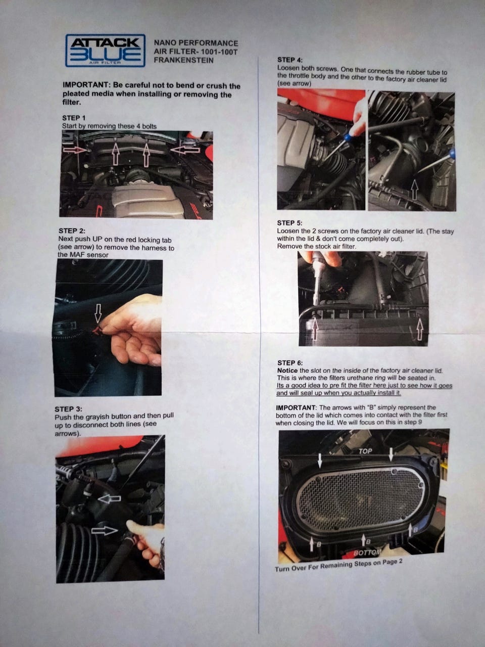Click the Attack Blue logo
(105, 51)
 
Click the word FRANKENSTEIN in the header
(183, 60)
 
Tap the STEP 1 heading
(74, 118)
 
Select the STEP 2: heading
(72, 231)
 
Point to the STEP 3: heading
(68, 409)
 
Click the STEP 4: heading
(290, 60)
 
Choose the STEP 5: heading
(289, 223)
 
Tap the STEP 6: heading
(290, 363)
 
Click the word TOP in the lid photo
(365, 451)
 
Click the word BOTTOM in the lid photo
(367, 552)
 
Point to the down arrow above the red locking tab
(98, 313)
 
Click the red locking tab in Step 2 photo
(96, 331)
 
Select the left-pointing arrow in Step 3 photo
(109, 499)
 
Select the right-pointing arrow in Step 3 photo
(105, 531)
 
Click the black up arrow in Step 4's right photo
(414, 190)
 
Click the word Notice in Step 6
(287, 371)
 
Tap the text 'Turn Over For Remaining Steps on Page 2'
(338, 565)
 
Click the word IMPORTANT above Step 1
(86, 85)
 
